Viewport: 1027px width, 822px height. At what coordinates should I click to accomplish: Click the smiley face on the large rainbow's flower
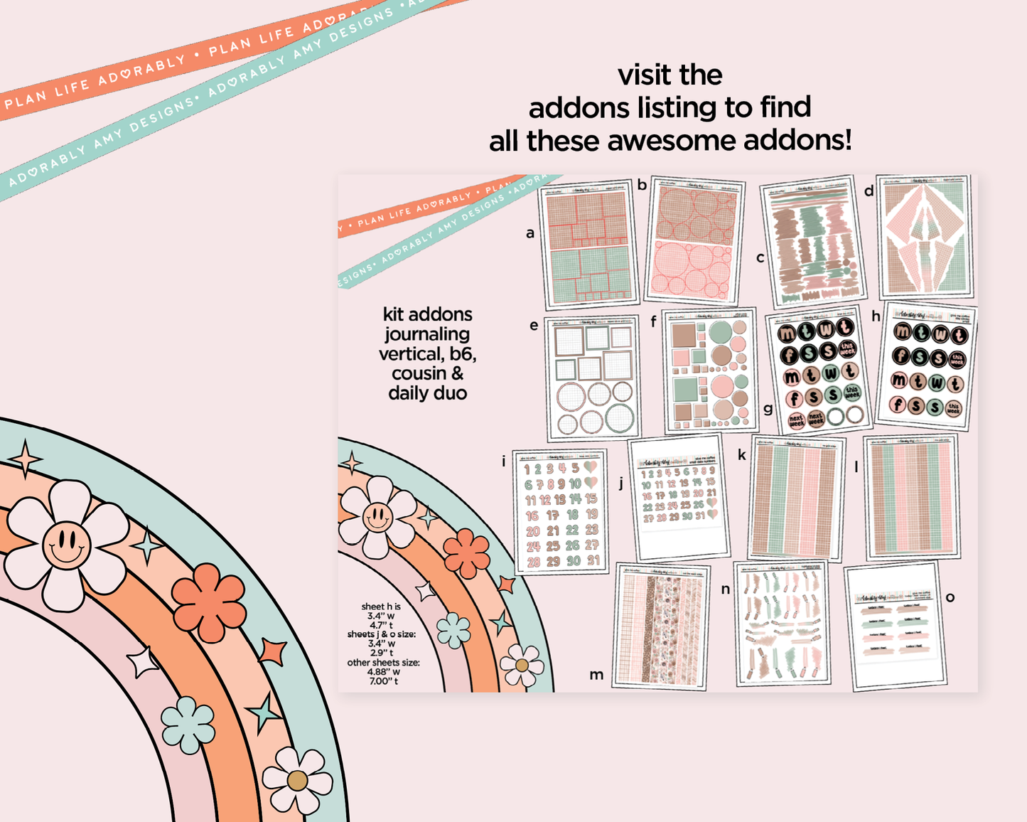point(66,545)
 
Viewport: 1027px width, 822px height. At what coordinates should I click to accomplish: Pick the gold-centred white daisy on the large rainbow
point(297,780)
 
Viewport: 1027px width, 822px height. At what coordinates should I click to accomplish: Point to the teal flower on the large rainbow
point(188,725)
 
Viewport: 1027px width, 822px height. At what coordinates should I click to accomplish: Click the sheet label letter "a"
point(529,233)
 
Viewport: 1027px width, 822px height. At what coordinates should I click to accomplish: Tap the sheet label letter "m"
point(596,675)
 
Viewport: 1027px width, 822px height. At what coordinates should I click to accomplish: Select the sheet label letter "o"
point(950,597)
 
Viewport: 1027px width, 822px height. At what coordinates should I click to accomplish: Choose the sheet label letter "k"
point(742,454)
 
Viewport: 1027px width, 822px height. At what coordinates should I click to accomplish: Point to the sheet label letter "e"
point(534,326)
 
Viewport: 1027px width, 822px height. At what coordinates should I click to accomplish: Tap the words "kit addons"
point(427,314)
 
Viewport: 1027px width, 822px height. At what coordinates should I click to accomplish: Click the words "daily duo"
point(427,393)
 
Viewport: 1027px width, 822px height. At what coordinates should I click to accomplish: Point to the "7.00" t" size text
point(383,681)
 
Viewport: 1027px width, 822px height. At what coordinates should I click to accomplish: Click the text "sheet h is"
point(381,607)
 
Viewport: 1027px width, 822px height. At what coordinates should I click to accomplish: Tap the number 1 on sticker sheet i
point(527,469)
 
